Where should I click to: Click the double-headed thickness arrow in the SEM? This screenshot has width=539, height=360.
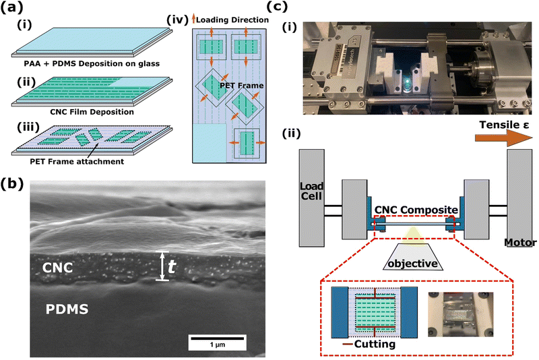click(162, 266)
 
